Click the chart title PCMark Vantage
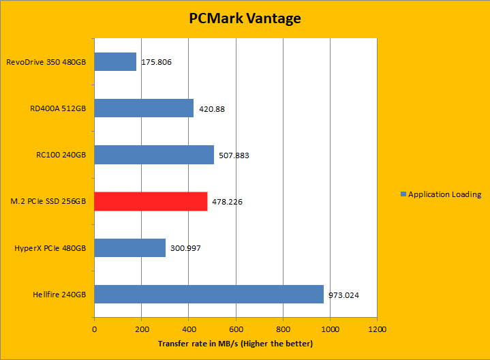(245, 18)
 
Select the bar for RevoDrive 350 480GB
(115, 62)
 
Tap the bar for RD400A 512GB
(144, 108)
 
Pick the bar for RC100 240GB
(154, 155)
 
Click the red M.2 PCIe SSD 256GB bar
(151, 201)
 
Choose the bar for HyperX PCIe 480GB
(129, 248)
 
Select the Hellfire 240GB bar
(209, 295)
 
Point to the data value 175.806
(156, 63)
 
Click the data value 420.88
(212, 109)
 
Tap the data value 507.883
(234, 155)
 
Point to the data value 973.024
(343, 295)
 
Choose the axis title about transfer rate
(235, 343)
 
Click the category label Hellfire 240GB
(59, 295)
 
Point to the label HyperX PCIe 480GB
(50, 248)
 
